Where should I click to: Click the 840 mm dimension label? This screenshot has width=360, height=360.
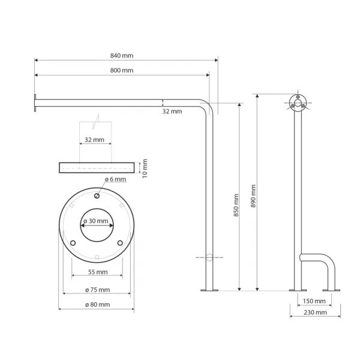(122, 56)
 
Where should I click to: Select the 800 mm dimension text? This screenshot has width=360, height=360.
(122, 70)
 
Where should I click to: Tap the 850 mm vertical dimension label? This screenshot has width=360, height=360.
(236, 205)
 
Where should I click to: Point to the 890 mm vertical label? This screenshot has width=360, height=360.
(253, 196)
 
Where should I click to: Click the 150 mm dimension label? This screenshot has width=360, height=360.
(314, 301)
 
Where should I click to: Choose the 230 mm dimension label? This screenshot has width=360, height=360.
(315, 313)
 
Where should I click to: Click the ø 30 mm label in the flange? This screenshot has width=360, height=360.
(96, 221)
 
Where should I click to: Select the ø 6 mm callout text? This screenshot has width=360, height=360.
(115, 179)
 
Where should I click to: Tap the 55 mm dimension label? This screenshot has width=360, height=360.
(98, 272)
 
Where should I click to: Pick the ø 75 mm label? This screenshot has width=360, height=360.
(98, 290)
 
